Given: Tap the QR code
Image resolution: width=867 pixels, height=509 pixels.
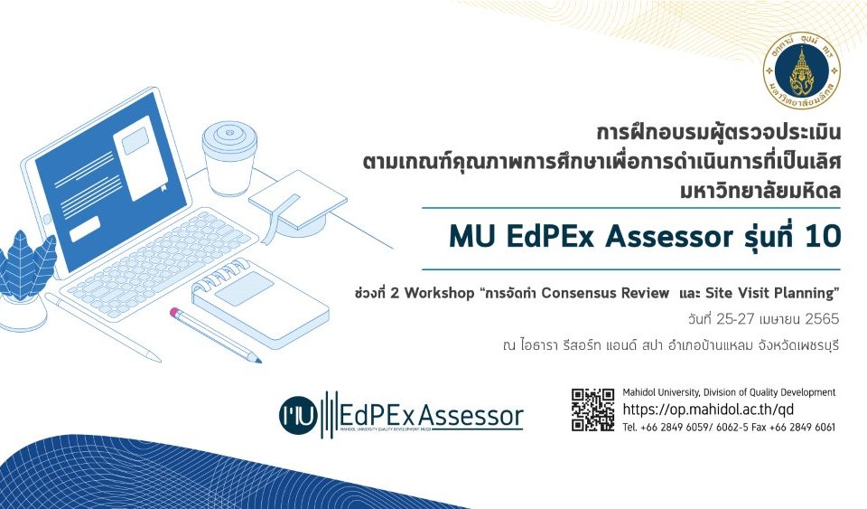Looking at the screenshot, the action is tap(592, 410).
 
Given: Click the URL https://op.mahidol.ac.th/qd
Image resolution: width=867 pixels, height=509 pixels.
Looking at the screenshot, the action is tap(708, 410).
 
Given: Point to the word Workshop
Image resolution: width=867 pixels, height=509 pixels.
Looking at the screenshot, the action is tap(440, 293).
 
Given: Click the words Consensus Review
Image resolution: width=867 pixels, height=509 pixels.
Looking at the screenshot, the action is tap(605, 293).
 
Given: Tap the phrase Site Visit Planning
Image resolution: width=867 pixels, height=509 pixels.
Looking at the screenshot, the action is tap(769, 293).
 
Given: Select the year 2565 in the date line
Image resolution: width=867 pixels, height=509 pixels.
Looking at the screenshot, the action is tap(822, 319).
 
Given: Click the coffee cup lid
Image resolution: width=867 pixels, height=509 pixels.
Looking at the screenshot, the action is tap(229, 136).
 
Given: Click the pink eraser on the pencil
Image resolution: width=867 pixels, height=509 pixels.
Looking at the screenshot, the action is tap(174, 313).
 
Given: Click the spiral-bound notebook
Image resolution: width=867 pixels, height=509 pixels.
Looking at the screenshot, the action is tap(260, 303).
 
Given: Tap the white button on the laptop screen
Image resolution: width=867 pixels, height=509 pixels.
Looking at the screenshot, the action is tap(85, 229).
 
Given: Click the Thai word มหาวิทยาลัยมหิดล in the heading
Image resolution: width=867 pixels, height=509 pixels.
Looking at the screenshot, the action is tap(760, 191).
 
